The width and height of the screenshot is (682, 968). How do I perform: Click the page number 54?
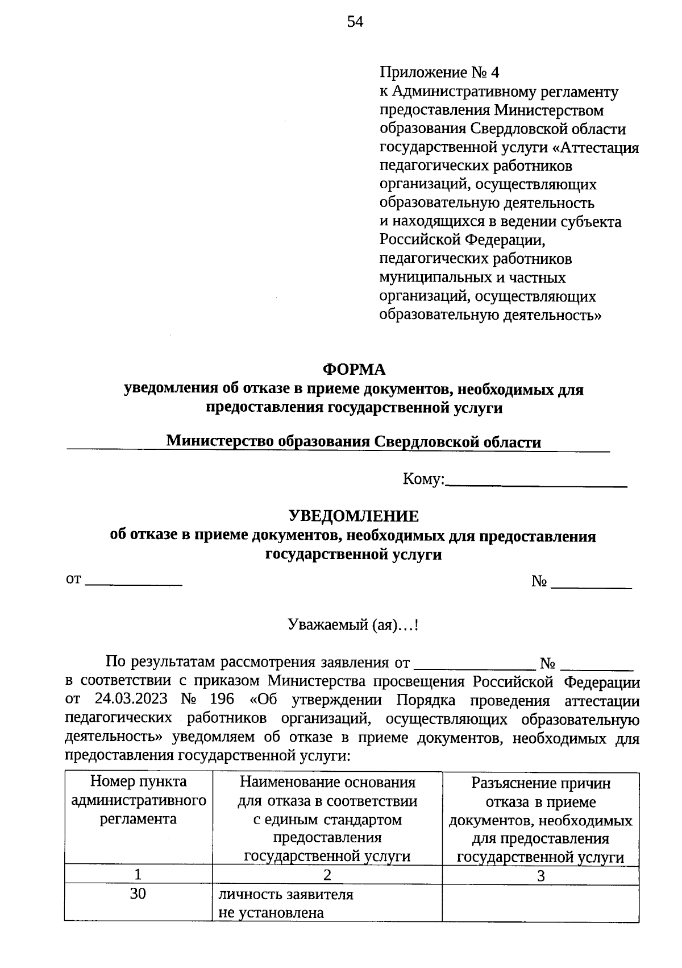pyautogui.click(x=355, y=22)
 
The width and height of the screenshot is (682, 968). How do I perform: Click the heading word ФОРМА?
pyautogui.click(x=354, y=370)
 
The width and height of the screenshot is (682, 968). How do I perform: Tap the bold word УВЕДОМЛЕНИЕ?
pyautogui.click(x=354, y=516)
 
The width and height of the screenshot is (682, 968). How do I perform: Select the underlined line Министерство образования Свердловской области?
pyautogui.click(x=354, y=442)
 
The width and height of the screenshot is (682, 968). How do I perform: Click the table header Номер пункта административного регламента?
pyautogui.click(x=138, y=800)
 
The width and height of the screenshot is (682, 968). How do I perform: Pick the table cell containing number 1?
pyautogui.click(x=138, y=874)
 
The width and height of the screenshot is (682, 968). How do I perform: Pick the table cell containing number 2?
pyautogui.click(x=327, y=874)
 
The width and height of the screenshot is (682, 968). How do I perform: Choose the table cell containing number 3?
pyautogui.click(x=540, y=876)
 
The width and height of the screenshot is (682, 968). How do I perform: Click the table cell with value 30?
pyautogui.click(x=138, y=894)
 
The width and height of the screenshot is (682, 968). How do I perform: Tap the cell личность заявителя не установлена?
pyautogui.click(x=286, y=903)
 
